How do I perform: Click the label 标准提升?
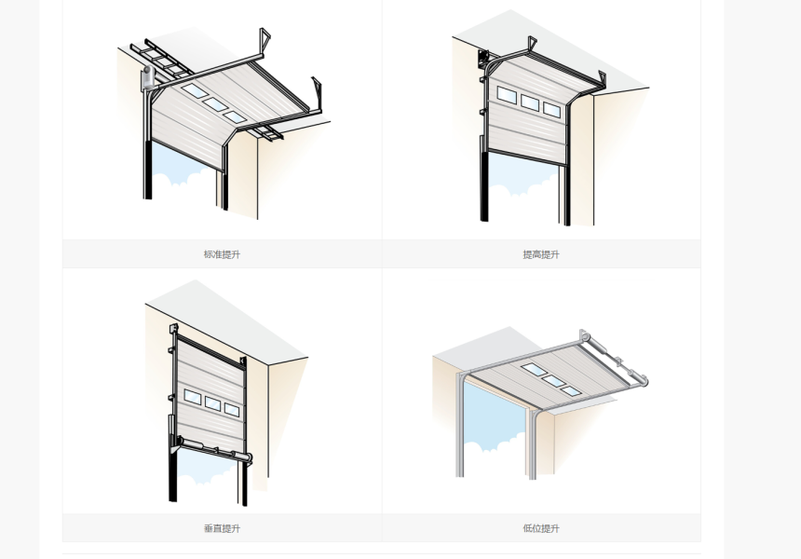click(x=222, y=254)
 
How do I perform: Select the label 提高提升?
click(x=541, y=254)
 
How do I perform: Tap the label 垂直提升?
click(x=222, y=528)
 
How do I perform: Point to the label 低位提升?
click(x=541, y=528)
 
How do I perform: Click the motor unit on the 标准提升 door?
click(x=147, y=77)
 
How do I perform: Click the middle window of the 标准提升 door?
click(x=215, y=104)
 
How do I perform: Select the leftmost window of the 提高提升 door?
click(x=507, y=94)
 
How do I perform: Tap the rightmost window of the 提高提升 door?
click(x=551, y=108)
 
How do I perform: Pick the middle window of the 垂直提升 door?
click(x=212, y=403)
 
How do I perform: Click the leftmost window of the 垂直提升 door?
click(x=192, y=397)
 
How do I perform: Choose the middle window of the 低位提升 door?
click(x=552, y=381)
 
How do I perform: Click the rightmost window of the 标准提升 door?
click(x=235, y=117)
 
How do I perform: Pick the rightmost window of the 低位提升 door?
click(x=571, y=391)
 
